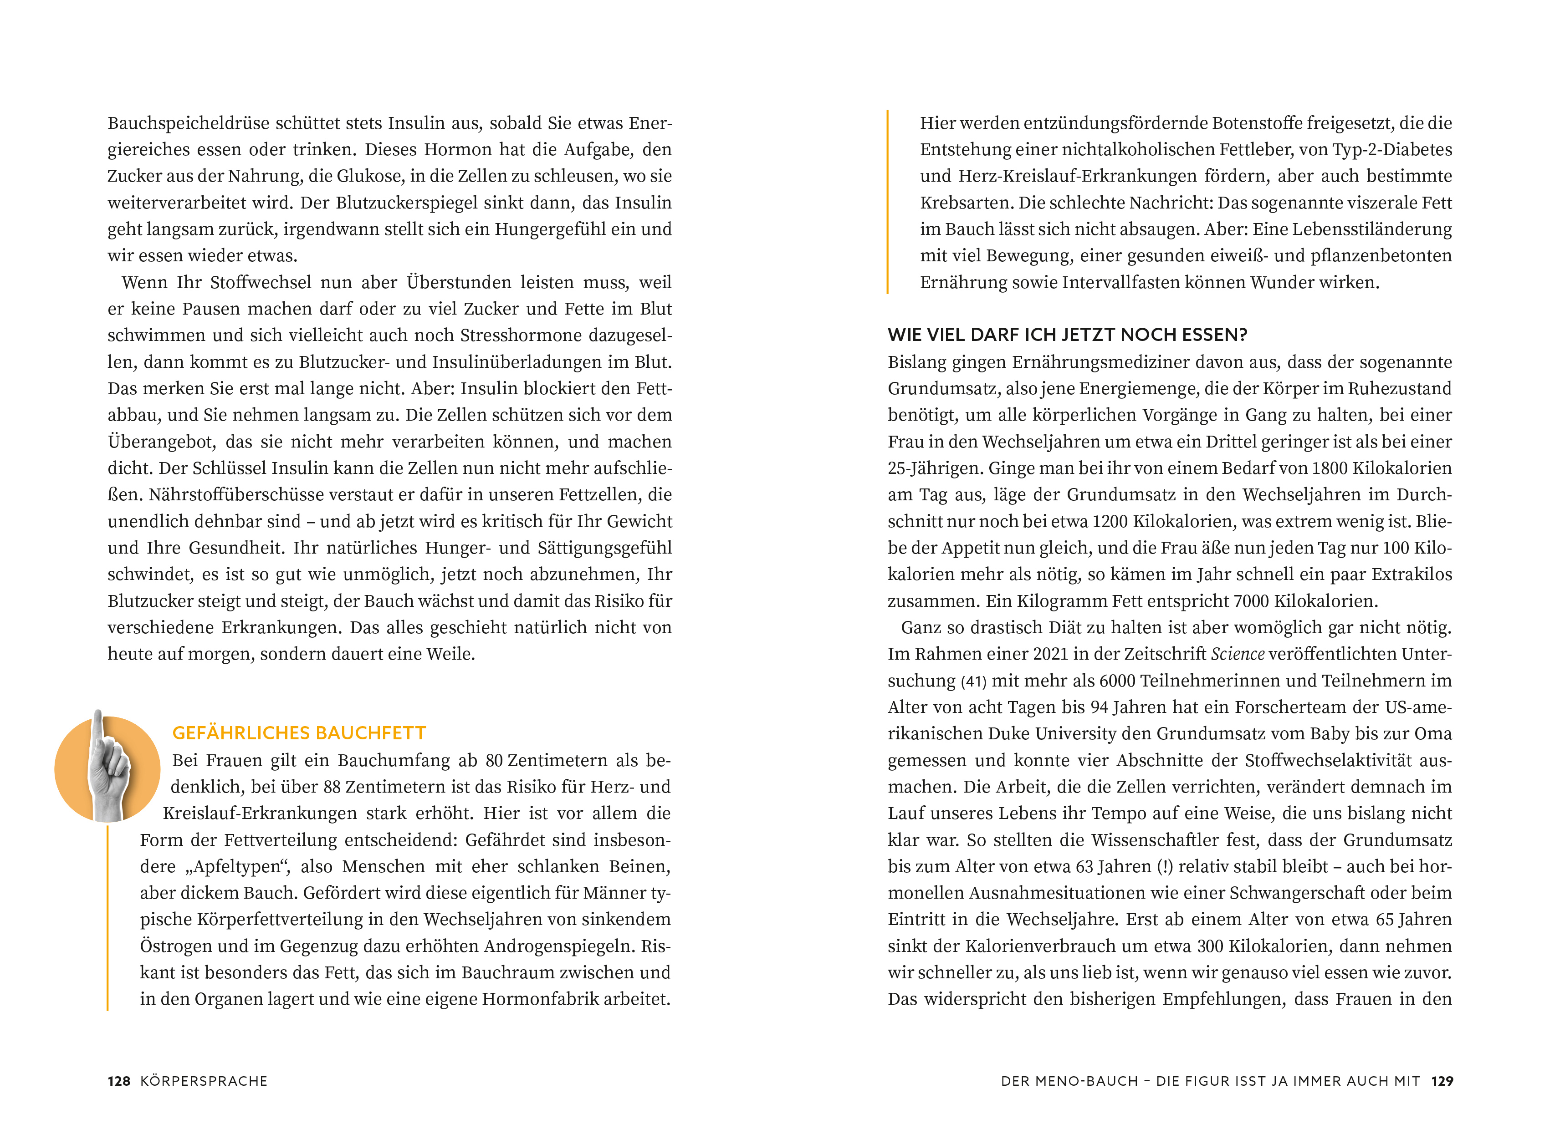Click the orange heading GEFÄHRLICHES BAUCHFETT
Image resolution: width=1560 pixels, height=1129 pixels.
tap(299, 733)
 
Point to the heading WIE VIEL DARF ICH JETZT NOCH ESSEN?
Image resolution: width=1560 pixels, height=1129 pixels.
tap(1068, 335)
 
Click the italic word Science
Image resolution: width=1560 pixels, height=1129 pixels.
tap(1238, 654)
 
